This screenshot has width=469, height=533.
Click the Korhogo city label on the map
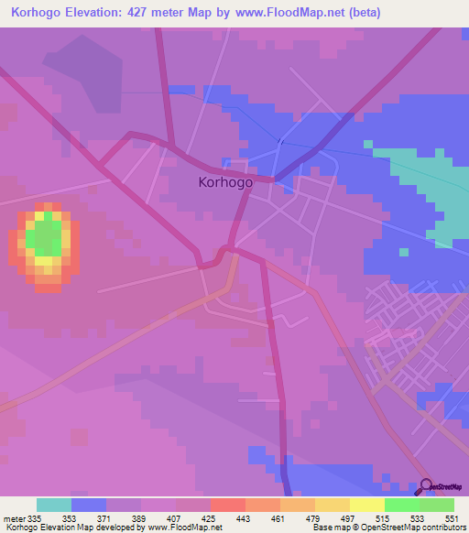[225, 182]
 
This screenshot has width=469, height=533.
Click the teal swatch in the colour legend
[54, 505]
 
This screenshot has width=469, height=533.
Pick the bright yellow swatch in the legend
[367, 505]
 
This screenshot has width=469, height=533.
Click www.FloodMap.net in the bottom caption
[188, 528]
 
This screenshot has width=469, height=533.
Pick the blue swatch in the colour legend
[89, 505]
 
